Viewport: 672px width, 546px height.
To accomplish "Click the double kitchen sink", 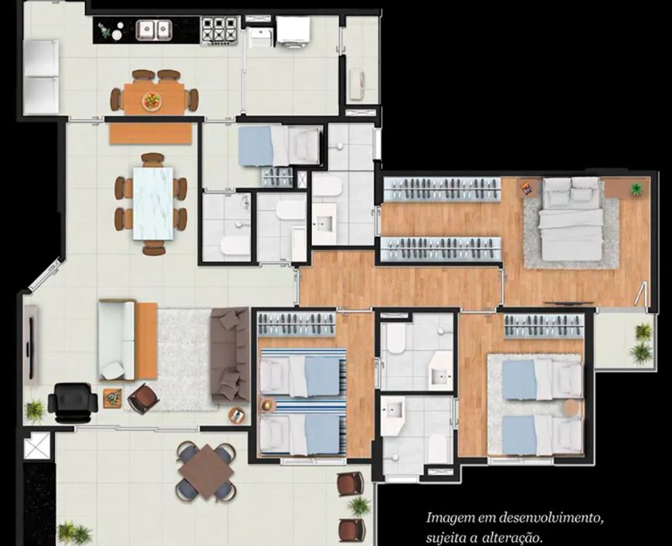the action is click(x=154, y=30).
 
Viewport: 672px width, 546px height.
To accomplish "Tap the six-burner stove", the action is click(x=219, y=30).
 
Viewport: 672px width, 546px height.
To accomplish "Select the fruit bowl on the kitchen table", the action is click(x=151, y=100).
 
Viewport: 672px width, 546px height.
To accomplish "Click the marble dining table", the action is click(x=153, y=204).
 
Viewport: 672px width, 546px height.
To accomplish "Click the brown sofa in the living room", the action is click(x=229, y=355).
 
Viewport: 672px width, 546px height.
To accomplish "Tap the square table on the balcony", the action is click(x=205, y=471).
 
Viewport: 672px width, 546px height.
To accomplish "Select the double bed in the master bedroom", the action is click(x=571, y=219).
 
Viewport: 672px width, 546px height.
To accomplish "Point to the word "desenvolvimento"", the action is click(x=552, y=518).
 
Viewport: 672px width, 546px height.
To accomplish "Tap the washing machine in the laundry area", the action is click(x=294, y=30).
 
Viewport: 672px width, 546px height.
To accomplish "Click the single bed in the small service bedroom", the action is click(x=279, y=146).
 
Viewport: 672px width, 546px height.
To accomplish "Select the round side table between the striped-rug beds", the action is click(x=268, y=405).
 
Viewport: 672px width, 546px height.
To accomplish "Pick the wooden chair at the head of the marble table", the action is click(x=153, y=160).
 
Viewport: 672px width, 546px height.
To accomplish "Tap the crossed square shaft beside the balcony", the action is click(x=37, y=446).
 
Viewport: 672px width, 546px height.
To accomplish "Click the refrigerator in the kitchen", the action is click(x=41, y=76).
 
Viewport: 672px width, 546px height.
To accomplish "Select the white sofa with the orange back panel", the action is click(x=127, y=341).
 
